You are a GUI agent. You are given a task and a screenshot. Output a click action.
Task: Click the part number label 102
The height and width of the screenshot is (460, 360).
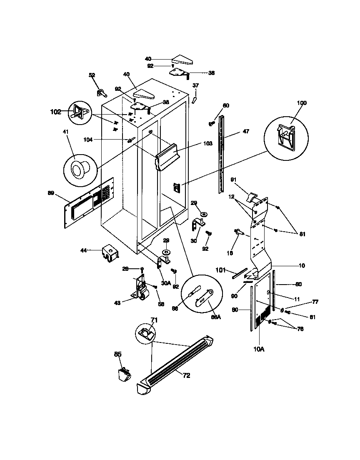pyautogui.click(x=55, y=112)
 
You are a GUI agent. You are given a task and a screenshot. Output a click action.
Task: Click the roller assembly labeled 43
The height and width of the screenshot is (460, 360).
pyautogui.click(x=142, y=290)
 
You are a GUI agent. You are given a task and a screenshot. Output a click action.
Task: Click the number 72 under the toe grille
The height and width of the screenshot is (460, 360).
pyautogui.click(x=186, y=375)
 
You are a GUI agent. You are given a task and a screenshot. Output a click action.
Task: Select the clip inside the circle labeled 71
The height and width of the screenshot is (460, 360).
pyautogui.click(x=145, y=332)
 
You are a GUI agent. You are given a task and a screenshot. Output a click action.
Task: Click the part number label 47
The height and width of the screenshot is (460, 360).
pyautogui.click(x=246, y=132)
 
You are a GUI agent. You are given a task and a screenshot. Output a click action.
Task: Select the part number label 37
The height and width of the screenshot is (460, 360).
pyautogui.click(x=195, y=85)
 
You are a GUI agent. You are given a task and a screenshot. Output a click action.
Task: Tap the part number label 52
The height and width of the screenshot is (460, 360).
pyautogui.click(x=92, y=75)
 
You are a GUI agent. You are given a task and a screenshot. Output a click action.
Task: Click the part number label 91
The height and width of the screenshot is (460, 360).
pyautogui.click(x=234, y=180)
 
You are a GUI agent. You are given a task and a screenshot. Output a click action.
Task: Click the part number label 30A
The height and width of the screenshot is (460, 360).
pyautogui.click(x=166, y=283)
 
